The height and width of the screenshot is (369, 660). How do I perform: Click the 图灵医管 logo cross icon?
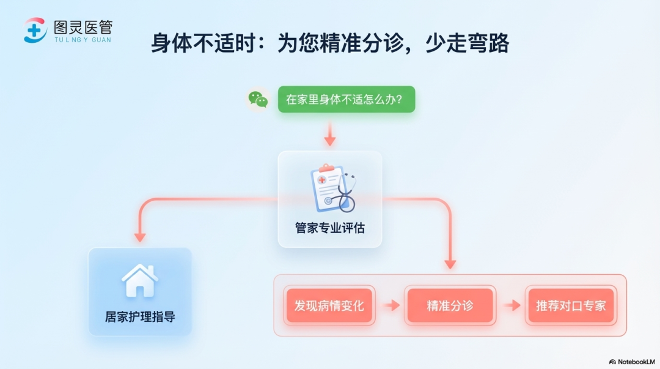click(35, 31)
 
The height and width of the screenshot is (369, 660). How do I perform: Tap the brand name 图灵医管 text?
click(83, 28)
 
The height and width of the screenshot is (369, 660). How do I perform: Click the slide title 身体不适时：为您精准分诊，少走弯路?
click(330, 43)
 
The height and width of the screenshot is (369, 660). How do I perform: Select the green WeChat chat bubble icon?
click(258, 100)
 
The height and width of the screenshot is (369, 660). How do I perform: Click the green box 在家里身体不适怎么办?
click(346, 100)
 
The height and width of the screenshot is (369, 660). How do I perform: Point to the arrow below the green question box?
click(330, 133)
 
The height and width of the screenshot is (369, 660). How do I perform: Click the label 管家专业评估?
click(329, 228)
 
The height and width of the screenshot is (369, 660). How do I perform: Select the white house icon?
click(140, 280)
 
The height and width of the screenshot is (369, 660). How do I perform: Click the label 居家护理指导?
click(140, 317)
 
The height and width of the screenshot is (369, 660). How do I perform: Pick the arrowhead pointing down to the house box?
click(140, 237)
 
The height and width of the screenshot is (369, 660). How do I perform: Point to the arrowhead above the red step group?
click(450, 264)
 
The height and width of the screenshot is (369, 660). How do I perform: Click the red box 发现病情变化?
click(329, 305)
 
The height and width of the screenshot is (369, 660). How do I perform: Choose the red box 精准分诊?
click(450, 305)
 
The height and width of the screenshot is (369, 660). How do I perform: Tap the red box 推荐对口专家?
click(571, 305)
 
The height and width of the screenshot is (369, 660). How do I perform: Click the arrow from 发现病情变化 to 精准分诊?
click(392, 305)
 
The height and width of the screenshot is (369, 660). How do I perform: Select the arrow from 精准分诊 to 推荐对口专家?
click(512, 305)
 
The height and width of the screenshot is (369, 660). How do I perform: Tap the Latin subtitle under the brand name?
click(83, 40)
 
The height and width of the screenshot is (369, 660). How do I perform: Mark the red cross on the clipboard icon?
click(322, 180)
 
